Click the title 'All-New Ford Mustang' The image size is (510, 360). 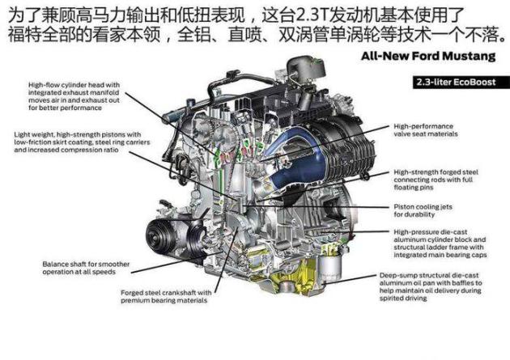428,56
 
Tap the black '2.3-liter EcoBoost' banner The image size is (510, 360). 461,83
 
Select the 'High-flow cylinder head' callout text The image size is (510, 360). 74,96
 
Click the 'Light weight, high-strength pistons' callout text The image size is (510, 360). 82,142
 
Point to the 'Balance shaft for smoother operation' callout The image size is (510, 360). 86,268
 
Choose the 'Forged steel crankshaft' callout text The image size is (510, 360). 166,296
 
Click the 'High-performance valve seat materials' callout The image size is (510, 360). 426,130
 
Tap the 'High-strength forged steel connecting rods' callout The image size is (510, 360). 436,180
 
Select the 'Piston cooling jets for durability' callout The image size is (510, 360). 423,210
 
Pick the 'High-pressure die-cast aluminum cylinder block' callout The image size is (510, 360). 440,244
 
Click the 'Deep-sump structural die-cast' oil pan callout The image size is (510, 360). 431,286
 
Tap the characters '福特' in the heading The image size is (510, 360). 24,34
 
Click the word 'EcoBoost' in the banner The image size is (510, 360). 474,83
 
